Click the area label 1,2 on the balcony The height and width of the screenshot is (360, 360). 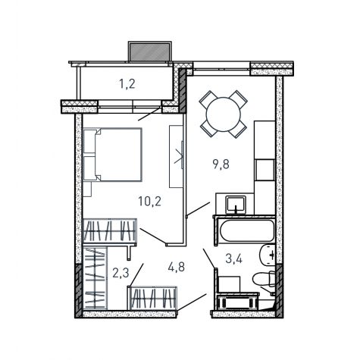click(x=127, y=84)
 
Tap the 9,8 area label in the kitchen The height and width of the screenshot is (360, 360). click(x=221, y=164)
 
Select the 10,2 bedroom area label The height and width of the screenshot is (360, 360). click(x=149, y=202)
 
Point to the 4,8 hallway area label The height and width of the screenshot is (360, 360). click(x=177, y=267)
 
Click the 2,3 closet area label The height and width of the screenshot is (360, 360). click(x=121, y=273)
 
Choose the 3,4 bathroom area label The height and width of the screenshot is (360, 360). click(x=233, y=258)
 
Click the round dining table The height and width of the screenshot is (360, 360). click(x=224, y=114)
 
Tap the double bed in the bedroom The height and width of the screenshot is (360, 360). click(x=113, y=155)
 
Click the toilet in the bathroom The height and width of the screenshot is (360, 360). click(x=263, y=279)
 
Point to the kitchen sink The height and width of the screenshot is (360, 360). click(x=236, y=205)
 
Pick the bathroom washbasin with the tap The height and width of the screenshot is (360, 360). click(x=268, y=255)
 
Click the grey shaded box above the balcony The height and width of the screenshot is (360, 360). click(x=150, y=52)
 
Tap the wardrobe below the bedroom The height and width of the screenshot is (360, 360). click(x=110, y=230)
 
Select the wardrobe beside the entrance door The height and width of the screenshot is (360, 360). click(x=152, y=297)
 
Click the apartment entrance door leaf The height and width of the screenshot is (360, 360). click(x=192, y=302)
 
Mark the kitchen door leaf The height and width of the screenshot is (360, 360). click(x=198, y=208)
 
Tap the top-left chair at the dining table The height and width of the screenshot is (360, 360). click(x=208, y=99)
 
